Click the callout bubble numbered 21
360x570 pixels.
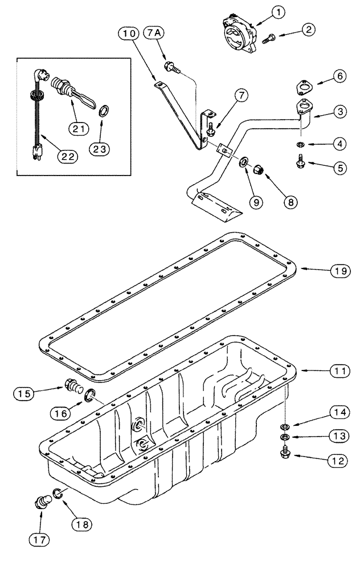(x=81, y=129)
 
